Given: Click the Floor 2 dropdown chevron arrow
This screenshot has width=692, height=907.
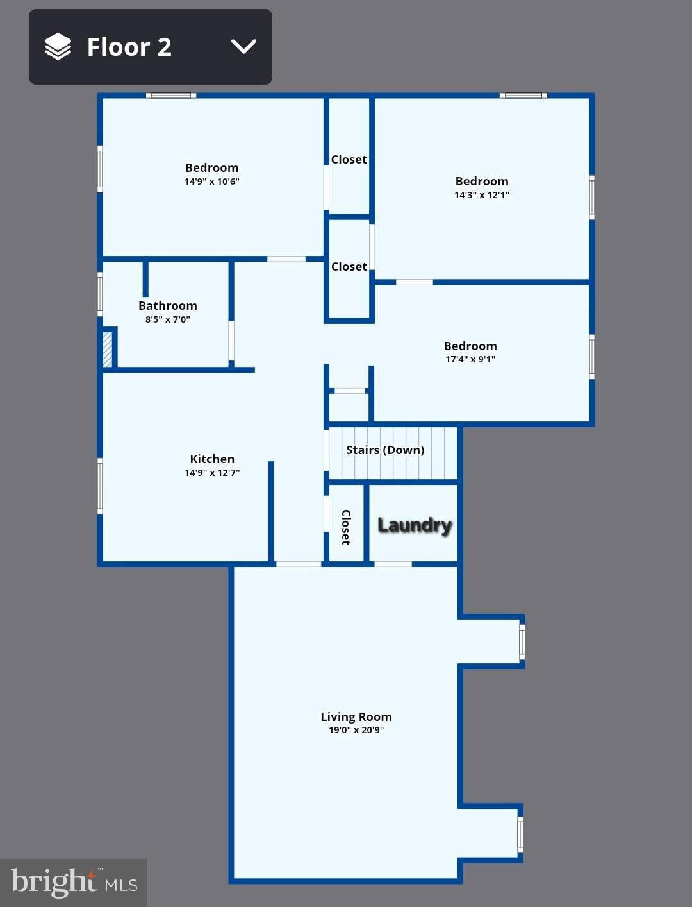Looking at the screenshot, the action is pos(243,47).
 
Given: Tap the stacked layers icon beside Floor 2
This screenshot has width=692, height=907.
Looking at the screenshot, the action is pos(58,46).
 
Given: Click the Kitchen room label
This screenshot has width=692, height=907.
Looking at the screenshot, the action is pos(212,459).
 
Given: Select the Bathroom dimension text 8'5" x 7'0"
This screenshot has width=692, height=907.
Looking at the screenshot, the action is pos(167,319).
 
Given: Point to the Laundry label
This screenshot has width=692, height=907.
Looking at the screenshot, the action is pos(415,525).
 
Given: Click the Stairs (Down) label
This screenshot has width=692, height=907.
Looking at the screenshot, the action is pos(385,450).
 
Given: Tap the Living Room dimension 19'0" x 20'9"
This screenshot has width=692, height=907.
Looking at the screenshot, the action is pos(356,730).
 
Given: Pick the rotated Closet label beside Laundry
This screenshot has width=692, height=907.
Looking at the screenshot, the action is pos(346,527).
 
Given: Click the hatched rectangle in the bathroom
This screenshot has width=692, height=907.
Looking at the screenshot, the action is pos(107,349).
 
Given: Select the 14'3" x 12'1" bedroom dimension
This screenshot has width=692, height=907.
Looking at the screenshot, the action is pos(482,195).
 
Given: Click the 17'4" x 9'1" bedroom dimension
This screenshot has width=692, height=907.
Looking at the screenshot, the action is pos(470,359).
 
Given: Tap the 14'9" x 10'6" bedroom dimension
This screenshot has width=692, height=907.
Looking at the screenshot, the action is pos(211,182).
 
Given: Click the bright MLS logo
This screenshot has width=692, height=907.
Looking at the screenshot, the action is pos(74,883).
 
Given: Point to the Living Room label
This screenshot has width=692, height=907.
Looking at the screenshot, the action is pos(356,716).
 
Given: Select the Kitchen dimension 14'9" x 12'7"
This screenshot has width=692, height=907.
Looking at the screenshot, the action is pos(212,472).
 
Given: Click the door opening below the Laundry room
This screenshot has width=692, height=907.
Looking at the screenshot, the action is pos(393,564).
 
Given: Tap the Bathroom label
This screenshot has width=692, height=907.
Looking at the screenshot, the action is pos(167,306).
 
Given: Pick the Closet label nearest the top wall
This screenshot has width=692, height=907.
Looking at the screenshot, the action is pos(349,160).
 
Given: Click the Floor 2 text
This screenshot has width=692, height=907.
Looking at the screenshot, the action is pos(129,47).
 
